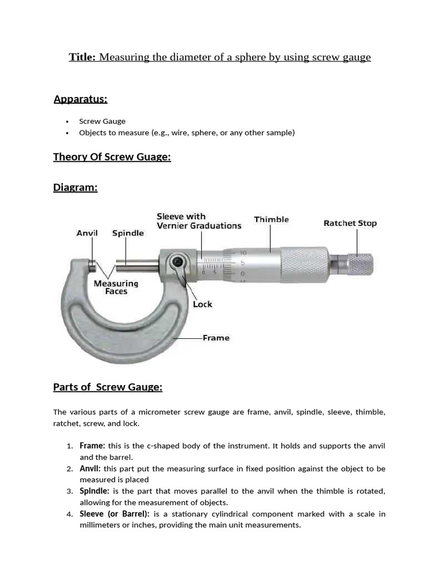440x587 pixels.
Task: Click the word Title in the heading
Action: pyautogui.click(x=82, y=57)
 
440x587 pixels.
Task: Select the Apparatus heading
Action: pyautogui.click(x=80, y=99)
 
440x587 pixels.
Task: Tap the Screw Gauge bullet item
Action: pyautogui.click(x=102, y=121)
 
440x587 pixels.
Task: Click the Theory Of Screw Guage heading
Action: pyautogui.click(x=112, y=157)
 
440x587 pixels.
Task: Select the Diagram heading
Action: pyautogui.click(x=75, y=187)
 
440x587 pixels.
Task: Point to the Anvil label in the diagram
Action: pyautogui.click(x=87, y=233)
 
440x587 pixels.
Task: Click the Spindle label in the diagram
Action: pyautogui.click(x=128, y=233)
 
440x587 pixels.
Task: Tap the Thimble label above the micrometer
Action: pyautogui.click(x=271, y=220)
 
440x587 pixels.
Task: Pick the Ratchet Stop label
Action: pyautogui.click(x=350, y=223)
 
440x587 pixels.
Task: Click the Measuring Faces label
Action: pyautogui.click(x=116, y=287)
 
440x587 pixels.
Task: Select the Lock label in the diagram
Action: pyautogui.click(x=202, y=304)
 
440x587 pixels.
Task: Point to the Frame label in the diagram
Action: pyautogui.click(x=215, y=338)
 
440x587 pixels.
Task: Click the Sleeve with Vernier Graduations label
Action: pyautogui.click(x=199, y=221)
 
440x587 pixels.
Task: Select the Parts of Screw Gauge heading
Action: pyautogui.click(x=108, y=388)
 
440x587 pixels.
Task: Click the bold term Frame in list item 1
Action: pyautogui.click(x=92, y=446)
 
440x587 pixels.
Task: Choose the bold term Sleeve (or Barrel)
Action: pyautogui.click(x=115, y=514)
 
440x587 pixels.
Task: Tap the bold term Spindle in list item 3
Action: pyautogui.click(x=94, y=491)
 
